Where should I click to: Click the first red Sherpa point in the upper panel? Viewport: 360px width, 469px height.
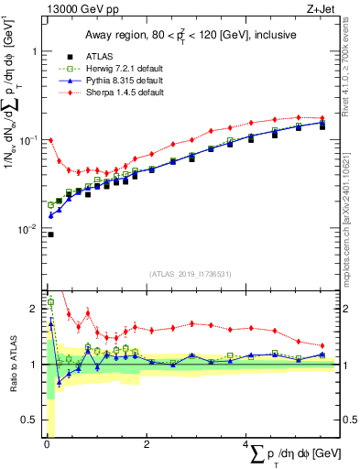pos(50,140)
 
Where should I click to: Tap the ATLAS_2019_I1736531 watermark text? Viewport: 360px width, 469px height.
pos(190,272)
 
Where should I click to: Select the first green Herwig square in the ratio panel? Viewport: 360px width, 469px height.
pos(50,301)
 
